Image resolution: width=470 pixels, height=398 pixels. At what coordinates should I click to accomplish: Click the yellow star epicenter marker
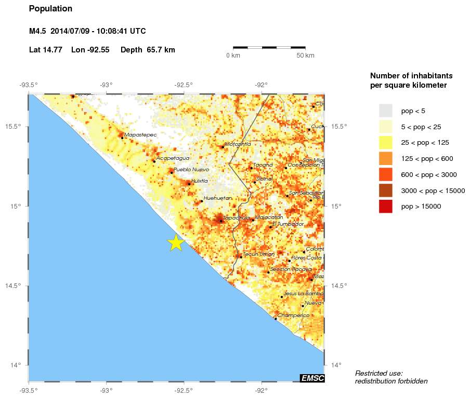pos(176,242)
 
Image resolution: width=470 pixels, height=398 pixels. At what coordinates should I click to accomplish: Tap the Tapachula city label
pos(237,217)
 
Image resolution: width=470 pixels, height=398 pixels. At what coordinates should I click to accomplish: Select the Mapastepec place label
pos(140,134)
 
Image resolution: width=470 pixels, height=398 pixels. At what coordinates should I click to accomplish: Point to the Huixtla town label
pos(199,181)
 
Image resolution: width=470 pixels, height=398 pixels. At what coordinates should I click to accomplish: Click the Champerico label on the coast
pos(294,315)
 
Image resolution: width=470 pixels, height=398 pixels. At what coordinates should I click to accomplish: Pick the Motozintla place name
pos(238,144)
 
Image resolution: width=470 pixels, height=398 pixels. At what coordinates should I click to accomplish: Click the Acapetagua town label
pos(173,158)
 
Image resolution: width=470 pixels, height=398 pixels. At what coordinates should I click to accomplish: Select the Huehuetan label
pos(218,198)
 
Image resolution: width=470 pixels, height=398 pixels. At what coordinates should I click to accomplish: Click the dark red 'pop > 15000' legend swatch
pos(385,206)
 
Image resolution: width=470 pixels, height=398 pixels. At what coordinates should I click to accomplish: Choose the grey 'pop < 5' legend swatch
pos(385,111)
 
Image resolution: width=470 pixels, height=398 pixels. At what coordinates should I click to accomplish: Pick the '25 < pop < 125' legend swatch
pos(385,142)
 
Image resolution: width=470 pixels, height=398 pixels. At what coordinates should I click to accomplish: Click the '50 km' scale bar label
pos(305,56)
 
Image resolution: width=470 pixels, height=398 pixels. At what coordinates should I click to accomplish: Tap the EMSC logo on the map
pos(312,378)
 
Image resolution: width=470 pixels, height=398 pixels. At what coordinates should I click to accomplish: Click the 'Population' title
pos(50,9)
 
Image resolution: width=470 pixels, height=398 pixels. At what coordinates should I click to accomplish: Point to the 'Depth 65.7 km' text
pos(148,50)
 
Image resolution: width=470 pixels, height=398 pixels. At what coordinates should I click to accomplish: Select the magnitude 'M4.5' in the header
pos(37,31)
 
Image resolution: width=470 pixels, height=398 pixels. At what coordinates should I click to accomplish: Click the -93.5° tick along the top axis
pos(28,85)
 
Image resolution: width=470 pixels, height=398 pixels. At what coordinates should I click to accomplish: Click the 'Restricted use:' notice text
pos(378,373)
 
